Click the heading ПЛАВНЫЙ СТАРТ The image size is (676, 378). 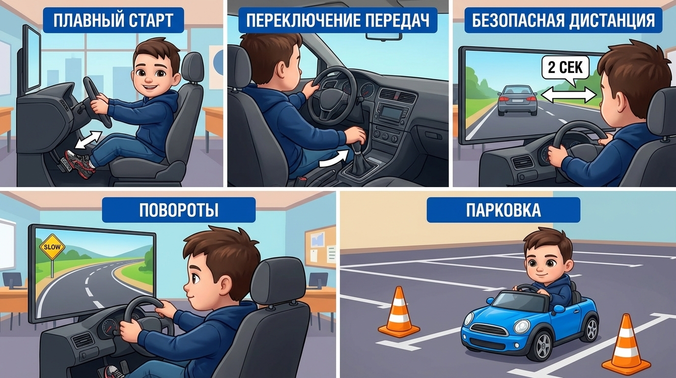pyautogui.click(x=113, y=20)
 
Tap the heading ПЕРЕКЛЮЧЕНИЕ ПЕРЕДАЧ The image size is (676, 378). pyautogui.click(x=338, y=20)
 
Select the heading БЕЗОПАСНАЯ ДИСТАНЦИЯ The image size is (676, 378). pyautogui.click(x=563, y=20)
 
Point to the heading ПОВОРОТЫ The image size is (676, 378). pyautogui.click(x=179, y=210)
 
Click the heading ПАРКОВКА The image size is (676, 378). pyautogui.click(x=504, y=210)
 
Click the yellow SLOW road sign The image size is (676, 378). pyautogui.click(x=52, y=247)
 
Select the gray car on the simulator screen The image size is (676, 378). pyautogui.click(x=517, y=100)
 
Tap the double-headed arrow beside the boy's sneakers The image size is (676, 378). pyautogui.click(x=88, y=140)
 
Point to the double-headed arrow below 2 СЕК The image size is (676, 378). pyautogui.click(x=569, y=95)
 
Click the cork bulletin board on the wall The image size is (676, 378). pyautogui.click(x=320, y=248)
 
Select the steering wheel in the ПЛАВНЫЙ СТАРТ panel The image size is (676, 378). pyautogui.click(x=97, y=102)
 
